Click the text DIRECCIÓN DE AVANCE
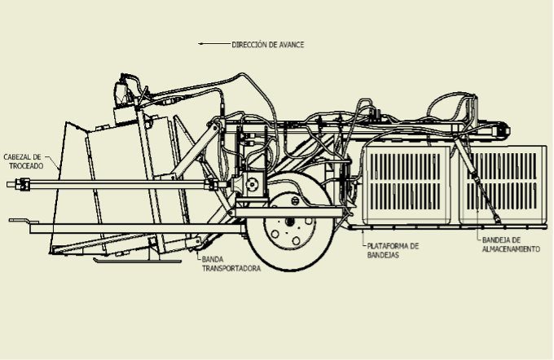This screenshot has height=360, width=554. click(268, 44)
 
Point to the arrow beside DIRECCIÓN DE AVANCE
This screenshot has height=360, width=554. click(213, 44)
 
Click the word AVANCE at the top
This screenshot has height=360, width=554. click(290, 44)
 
